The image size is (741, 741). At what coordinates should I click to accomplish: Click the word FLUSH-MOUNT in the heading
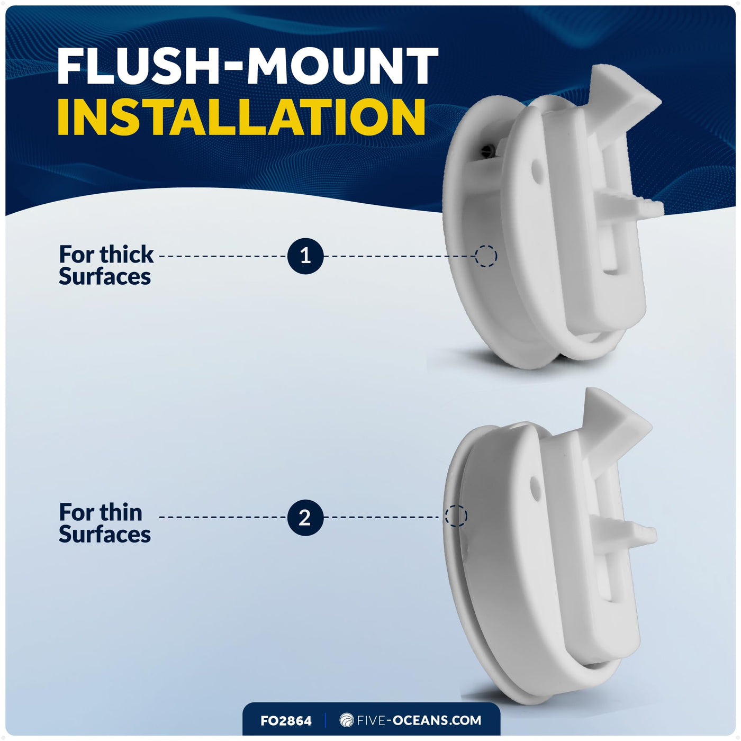(248, 66)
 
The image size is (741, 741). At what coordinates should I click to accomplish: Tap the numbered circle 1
(305, 256)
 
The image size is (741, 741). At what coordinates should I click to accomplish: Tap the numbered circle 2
(305, 517)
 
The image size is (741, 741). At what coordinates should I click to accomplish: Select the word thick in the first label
(126, 255)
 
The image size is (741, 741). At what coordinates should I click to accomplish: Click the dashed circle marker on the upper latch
(486, 256)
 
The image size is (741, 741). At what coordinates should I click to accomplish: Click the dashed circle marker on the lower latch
(456, 516)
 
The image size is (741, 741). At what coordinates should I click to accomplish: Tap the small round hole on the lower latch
(534, 486)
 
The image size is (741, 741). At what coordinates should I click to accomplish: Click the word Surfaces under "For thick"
(105, 277)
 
